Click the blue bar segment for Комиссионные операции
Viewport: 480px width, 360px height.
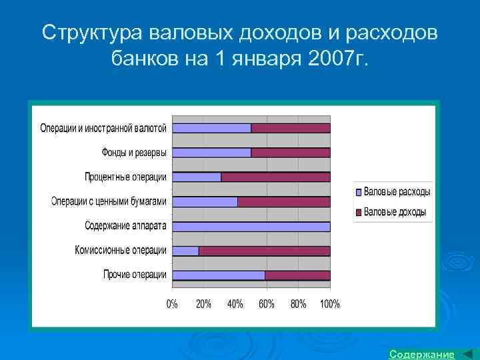[x=185, y=251]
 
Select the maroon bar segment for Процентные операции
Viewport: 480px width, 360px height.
[x=275, y=177]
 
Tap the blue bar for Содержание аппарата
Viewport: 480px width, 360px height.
[x=251, y=226]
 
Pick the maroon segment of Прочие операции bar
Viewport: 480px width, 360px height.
[x=297, y=275]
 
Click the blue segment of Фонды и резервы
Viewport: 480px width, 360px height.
[x=211, y=153]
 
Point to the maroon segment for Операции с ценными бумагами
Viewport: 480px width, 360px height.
[x=283, y=201]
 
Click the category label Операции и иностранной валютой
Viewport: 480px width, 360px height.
[x=105, y=128]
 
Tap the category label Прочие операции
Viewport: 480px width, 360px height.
[x=135, y=275]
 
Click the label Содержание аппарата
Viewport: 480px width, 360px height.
[x=126, y=226]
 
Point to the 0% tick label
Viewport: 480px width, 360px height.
[x=172, y=304]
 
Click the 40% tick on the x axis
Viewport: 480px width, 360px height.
[x=235, y=304]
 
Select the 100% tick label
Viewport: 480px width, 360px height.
[x=329, y=304]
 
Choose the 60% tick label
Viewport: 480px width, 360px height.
[x=267, y=304]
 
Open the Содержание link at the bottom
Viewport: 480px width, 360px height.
[x=421, y=353]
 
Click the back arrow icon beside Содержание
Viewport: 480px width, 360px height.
[x=467, y=353]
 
